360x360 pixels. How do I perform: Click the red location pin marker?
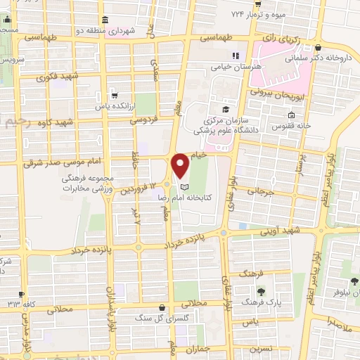pyautogui.click(x=180, y=165)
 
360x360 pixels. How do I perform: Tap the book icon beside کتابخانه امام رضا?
pyautogui.click(x=184, y=188)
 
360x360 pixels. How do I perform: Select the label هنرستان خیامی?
pyautogui.click(x=236, y=67)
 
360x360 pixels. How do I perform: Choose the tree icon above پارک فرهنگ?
pyautogui.click(x=261, y=291)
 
